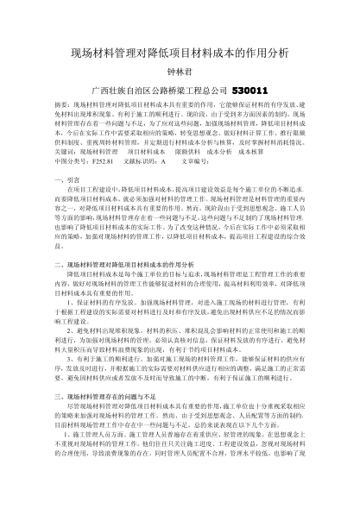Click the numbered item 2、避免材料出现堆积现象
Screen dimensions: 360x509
click(112, 331)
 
